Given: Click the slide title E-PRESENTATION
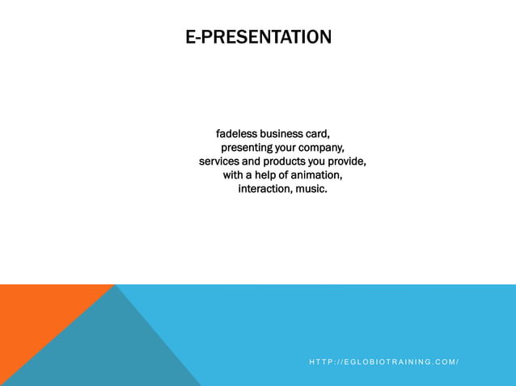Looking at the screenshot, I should coord(258,37).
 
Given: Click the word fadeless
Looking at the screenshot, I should coord(236,133).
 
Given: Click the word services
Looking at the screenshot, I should coord(219,162).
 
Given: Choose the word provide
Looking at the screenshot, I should coord(347,162).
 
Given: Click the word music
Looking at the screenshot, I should coord(311,189).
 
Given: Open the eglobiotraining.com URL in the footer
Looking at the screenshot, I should coord(384,362).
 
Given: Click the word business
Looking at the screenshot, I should coord(281,133).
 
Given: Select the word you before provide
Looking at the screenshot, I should coord(317,162).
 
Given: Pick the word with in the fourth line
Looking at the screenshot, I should coord(234,175).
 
